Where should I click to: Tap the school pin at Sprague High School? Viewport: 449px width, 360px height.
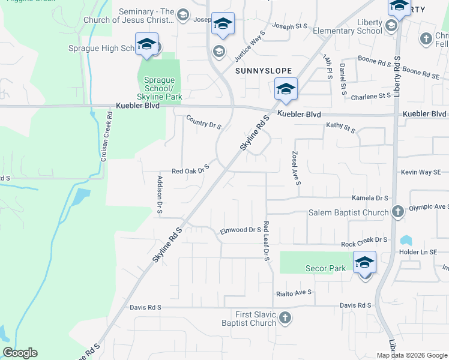(x=146, y=44)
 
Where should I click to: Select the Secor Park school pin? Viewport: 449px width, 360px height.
(x=364, y=263)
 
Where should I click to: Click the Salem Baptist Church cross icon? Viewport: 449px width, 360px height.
(x=397, y=212)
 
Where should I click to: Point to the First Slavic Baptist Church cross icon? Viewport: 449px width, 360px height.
(x=285, y=317)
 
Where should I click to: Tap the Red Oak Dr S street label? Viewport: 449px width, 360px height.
(x=190, y=169)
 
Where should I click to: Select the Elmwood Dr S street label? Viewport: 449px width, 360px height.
(x=241, y=229)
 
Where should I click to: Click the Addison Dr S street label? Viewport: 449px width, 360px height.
(x=160, y=195)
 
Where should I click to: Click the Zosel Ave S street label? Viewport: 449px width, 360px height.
(x=295, y=167)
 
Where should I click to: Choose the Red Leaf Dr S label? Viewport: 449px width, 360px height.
(x=266, y=241)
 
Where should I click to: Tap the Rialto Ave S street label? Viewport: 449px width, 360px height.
(x=294, y=293)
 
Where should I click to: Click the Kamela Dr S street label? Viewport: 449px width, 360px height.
(x=368, y=197)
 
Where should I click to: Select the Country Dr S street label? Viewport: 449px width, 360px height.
(x=204, y=122)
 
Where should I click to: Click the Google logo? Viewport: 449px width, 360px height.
(x=20, y=353)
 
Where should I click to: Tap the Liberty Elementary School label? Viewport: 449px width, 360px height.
(x=356, y=27)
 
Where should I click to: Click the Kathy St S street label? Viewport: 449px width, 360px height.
(x=341, y=127)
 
